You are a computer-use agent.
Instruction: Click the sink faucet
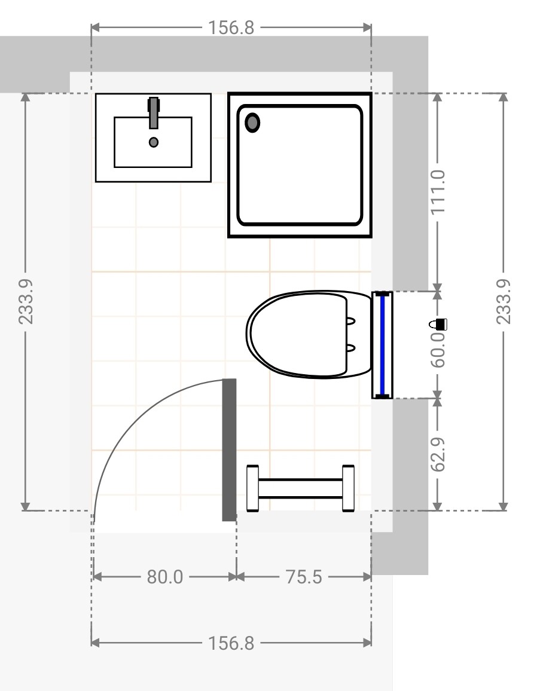154,113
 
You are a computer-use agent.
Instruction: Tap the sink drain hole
154,142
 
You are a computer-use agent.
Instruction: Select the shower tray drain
252,123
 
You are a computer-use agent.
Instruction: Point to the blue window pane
382,345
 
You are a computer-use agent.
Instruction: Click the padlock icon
438,325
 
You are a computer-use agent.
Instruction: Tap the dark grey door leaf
229,450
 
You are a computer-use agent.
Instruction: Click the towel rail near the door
300,488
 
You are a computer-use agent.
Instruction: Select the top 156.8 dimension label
231,27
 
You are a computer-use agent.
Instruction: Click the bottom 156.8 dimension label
231,643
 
